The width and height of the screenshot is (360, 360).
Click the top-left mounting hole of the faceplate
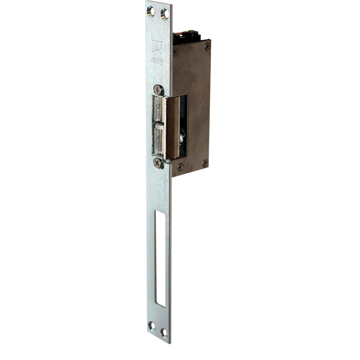tap(150, 12)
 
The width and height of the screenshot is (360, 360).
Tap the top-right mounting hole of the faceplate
tap(164, 14)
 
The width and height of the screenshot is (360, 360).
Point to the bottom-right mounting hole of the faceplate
tap(164, 332)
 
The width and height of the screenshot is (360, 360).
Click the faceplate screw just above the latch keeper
tap(159, 90)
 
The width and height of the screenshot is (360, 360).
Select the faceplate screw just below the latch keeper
tap(159, 163)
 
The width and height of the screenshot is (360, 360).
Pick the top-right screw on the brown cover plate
tap(207, 45)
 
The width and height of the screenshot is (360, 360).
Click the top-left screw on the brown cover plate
tap(175, 51)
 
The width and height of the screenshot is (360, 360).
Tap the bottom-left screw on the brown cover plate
tap(180, 167)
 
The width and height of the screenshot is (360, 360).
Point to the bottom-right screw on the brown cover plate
tap(205, 163)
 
